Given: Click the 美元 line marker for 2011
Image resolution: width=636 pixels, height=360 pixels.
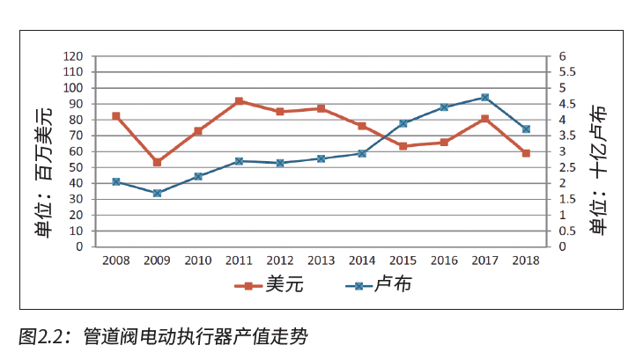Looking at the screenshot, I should (239, 101).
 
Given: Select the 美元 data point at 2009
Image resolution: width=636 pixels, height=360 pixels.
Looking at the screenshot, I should (157, 163).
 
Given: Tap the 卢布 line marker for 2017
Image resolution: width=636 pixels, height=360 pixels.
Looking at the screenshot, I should (485, 98).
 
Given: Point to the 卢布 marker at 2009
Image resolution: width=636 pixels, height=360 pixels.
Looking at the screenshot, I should (157, 193).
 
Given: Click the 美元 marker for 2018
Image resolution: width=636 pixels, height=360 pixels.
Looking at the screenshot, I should (526, 153).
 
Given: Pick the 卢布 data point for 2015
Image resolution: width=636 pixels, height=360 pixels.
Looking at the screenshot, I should (403, 123).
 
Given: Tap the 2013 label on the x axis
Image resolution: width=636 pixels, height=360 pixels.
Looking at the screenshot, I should (321, 261).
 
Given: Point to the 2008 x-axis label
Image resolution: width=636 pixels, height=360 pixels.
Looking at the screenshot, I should (115, 261).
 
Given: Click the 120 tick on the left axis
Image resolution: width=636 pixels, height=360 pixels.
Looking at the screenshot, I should (74, 56).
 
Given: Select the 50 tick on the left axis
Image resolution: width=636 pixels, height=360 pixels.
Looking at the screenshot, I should (78, 167).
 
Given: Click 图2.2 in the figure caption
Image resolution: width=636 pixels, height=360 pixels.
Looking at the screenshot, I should (44, 336).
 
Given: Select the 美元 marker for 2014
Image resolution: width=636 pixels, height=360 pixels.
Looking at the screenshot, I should (362, 126).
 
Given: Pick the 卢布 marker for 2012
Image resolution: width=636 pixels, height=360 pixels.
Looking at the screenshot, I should (280, 163).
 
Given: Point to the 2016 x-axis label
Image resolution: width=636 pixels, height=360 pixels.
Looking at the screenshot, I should (444, 261).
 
